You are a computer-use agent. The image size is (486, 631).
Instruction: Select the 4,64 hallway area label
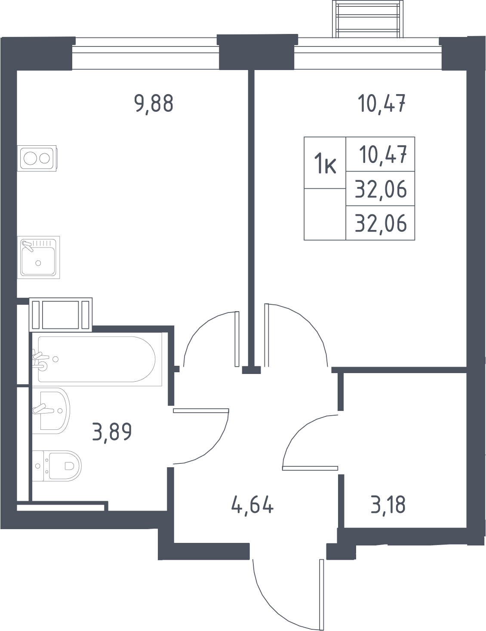tap(252, 506)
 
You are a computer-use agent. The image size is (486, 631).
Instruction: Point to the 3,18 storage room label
tap(388, 505)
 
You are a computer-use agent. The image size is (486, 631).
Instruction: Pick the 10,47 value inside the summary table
tap(383, 155)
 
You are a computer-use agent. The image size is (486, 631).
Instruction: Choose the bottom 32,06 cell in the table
tap(381, 224)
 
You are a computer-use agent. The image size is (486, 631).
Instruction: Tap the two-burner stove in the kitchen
tap(37, 158)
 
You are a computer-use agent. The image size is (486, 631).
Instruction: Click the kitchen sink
tap(38, 257)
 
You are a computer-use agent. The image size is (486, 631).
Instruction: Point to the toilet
tap(57, 466)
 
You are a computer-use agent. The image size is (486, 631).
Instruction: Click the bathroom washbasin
tap(51, 410)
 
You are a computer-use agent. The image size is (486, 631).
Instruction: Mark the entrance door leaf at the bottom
tap(321, 594)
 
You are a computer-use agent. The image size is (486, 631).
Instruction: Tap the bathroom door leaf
tap(201, 410)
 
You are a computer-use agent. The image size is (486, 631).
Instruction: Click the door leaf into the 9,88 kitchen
tap(237, 339)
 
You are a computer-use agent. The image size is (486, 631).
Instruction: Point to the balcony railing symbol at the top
tap(368, 19)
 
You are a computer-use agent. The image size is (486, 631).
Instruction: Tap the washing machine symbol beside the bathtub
tap(61, 315)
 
